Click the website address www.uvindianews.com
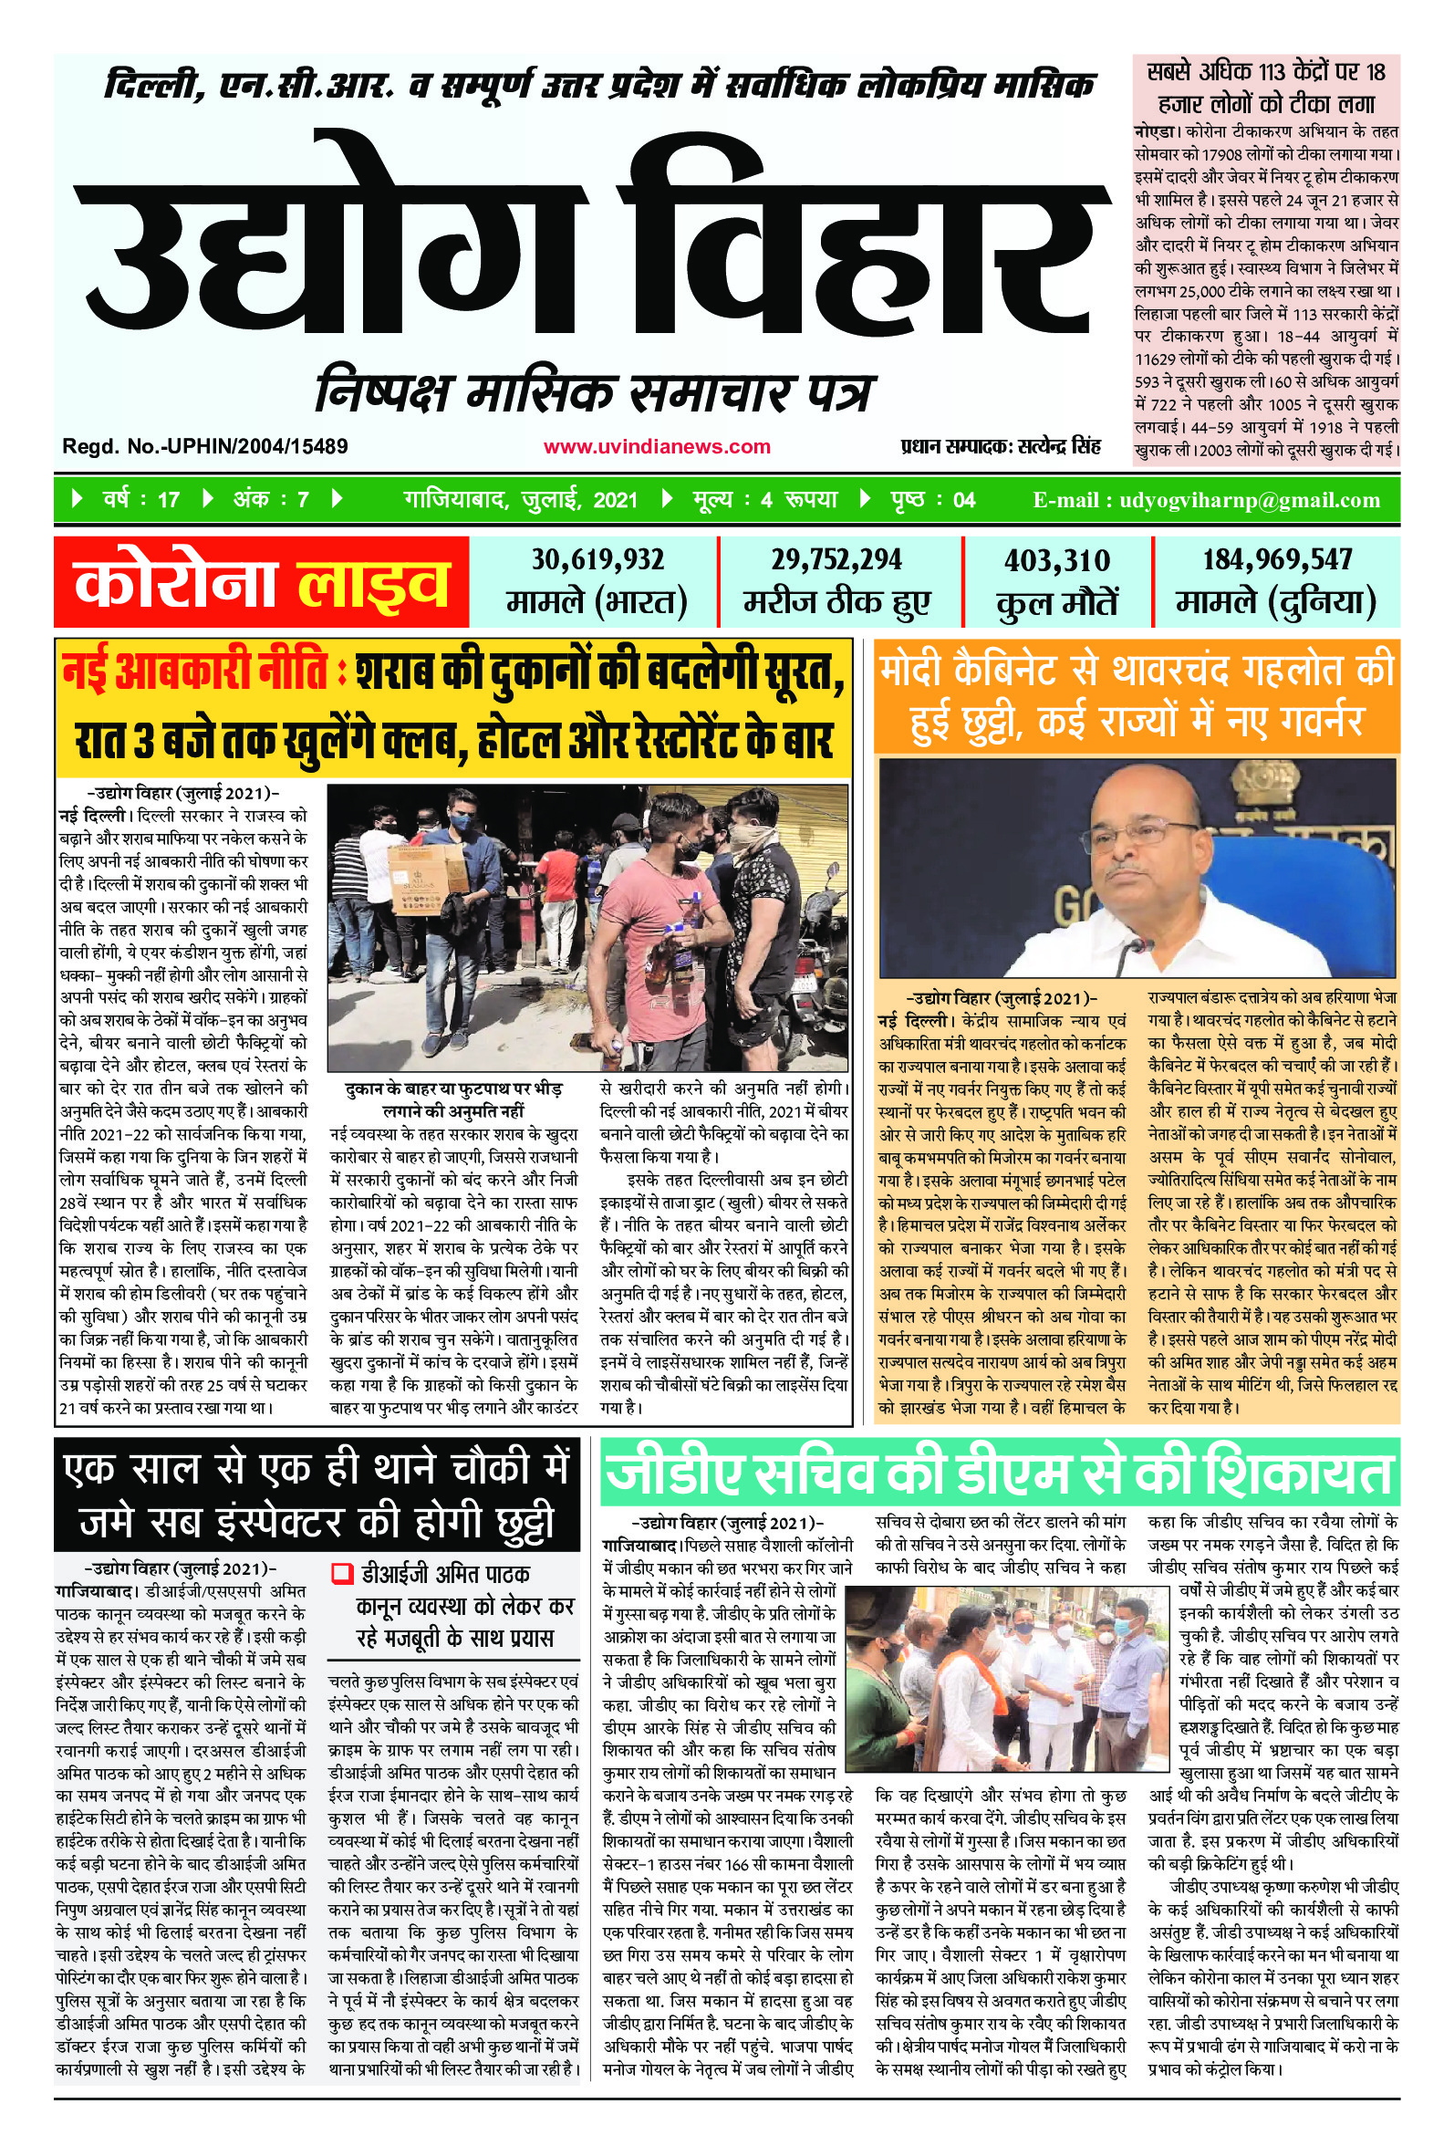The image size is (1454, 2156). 657,447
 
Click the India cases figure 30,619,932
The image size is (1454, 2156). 597,560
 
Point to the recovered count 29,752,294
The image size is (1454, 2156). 836,560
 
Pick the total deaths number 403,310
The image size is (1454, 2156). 1056,561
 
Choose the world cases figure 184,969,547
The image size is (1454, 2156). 1277,560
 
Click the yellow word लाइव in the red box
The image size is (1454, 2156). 372,585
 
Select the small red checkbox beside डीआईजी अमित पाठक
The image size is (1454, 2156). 342,1573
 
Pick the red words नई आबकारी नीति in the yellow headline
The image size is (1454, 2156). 194,672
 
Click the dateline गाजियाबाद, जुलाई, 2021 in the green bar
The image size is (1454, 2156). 520,501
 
